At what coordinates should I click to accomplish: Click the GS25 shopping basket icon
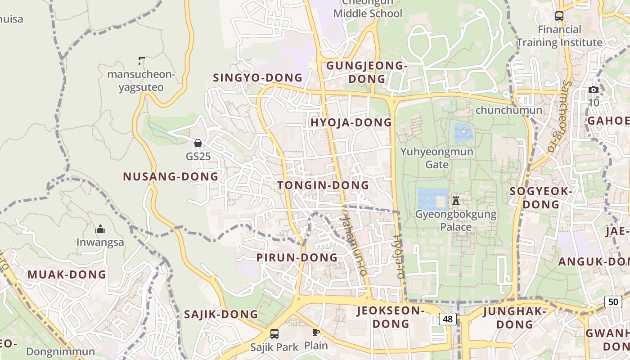coord(198,143)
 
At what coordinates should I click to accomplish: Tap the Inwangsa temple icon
coord(100,229)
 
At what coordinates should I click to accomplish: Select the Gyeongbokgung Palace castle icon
coord(455,200)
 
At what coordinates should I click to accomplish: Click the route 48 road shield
coord(447,319)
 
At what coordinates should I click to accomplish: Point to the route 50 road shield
coord(613,301)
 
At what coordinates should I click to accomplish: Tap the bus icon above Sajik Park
coord(274,333)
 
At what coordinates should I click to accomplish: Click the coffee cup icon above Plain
coord(316,333)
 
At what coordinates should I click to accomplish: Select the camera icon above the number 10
coord(594,90)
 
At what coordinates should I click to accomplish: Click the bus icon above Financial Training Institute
coord(559,16)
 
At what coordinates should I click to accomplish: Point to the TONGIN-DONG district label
coord(323,185)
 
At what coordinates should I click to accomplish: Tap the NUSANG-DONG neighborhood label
coord(171,176)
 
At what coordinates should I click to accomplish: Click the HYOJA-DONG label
coord(351,122)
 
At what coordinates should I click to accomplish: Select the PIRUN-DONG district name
coord(297,257)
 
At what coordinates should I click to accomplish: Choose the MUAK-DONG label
coord(67,274)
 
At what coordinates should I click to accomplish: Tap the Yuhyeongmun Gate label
coord(437,157)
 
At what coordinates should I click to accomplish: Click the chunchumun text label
coord(508,110)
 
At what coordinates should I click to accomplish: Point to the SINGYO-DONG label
coord(257,77)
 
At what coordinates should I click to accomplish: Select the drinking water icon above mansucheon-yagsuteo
coord(141,60)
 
